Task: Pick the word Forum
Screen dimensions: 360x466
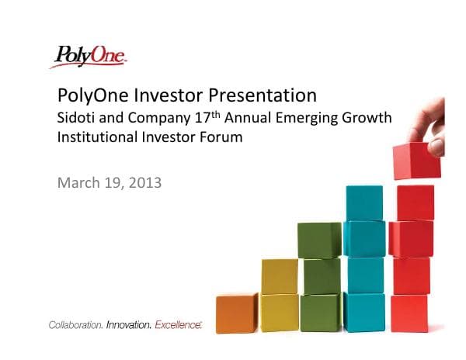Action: tap(219, 137)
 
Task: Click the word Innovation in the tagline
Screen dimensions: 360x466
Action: tap(128, 324)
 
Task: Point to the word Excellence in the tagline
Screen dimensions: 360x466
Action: tap(178, 324)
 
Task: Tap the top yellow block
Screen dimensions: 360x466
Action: tap(280, 276)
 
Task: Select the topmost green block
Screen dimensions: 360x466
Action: tap(319, 240)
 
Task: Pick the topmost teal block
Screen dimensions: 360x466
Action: tap(363, 202)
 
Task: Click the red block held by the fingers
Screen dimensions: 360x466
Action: tap(416, 161)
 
